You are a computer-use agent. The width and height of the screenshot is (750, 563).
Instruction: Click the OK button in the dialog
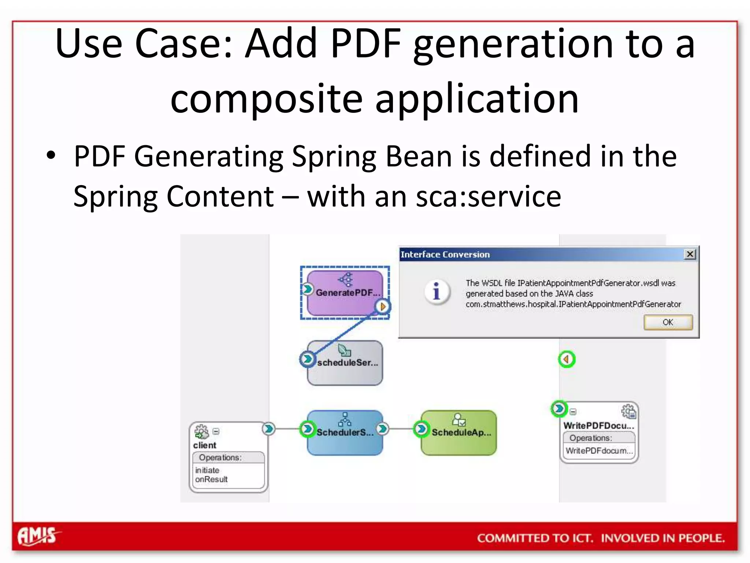pyautogui.click(x=668, y=322)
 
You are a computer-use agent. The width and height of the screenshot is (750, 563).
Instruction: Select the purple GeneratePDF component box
pyautogui.click(x=345, y=293)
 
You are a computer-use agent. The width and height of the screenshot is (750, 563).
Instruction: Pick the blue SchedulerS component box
pyautogui.click(x=345, y=433)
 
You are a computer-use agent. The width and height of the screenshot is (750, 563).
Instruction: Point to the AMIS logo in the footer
pyautogui.click(x=38, y=536)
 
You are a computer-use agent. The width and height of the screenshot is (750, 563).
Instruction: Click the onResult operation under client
pyautogui.click(x=211, y=479)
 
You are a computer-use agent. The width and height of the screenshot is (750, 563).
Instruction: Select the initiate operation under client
pyautogui.click(x=207, y=470)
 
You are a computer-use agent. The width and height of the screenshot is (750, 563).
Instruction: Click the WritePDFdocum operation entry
pyautogui.click(x=599, y=450)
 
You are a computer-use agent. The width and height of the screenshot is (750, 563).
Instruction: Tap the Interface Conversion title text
pyautogui.click(x=445, y=254)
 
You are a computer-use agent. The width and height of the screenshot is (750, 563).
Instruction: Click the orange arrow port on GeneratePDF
pyautogui.click(x=383, y=306)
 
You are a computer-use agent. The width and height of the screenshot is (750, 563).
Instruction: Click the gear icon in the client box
pyautogui.click(x=201, y=432)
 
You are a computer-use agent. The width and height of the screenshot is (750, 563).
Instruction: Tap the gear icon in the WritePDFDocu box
pyautogui.click(x=629, y=411)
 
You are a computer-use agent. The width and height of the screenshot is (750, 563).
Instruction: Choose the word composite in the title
pyautogui.click(x=266, y=98)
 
